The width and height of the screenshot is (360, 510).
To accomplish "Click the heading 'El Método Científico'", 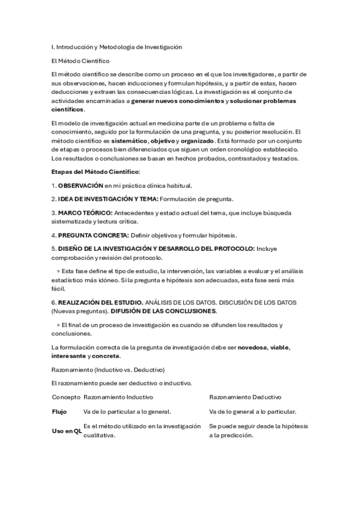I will point(81,61).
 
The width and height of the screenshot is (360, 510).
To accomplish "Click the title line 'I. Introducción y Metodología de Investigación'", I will point(117,46).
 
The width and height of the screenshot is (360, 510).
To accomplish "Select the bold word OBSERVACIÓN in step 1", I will point(81,186).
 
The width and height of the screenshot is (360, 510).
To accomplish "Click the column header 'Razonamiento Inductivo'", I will point(118,397).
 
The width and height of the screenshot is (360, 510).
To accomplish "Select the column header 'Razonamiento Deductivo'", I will point(245,397).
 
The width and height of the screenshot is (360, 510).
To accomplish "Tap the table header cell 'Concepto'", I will point(66,397).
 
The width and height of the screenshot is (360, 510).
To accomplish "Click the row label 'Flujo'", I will point(59,412).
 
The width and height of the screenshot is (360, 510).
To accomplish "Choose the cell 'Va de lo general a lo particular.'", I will point(252,412).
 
